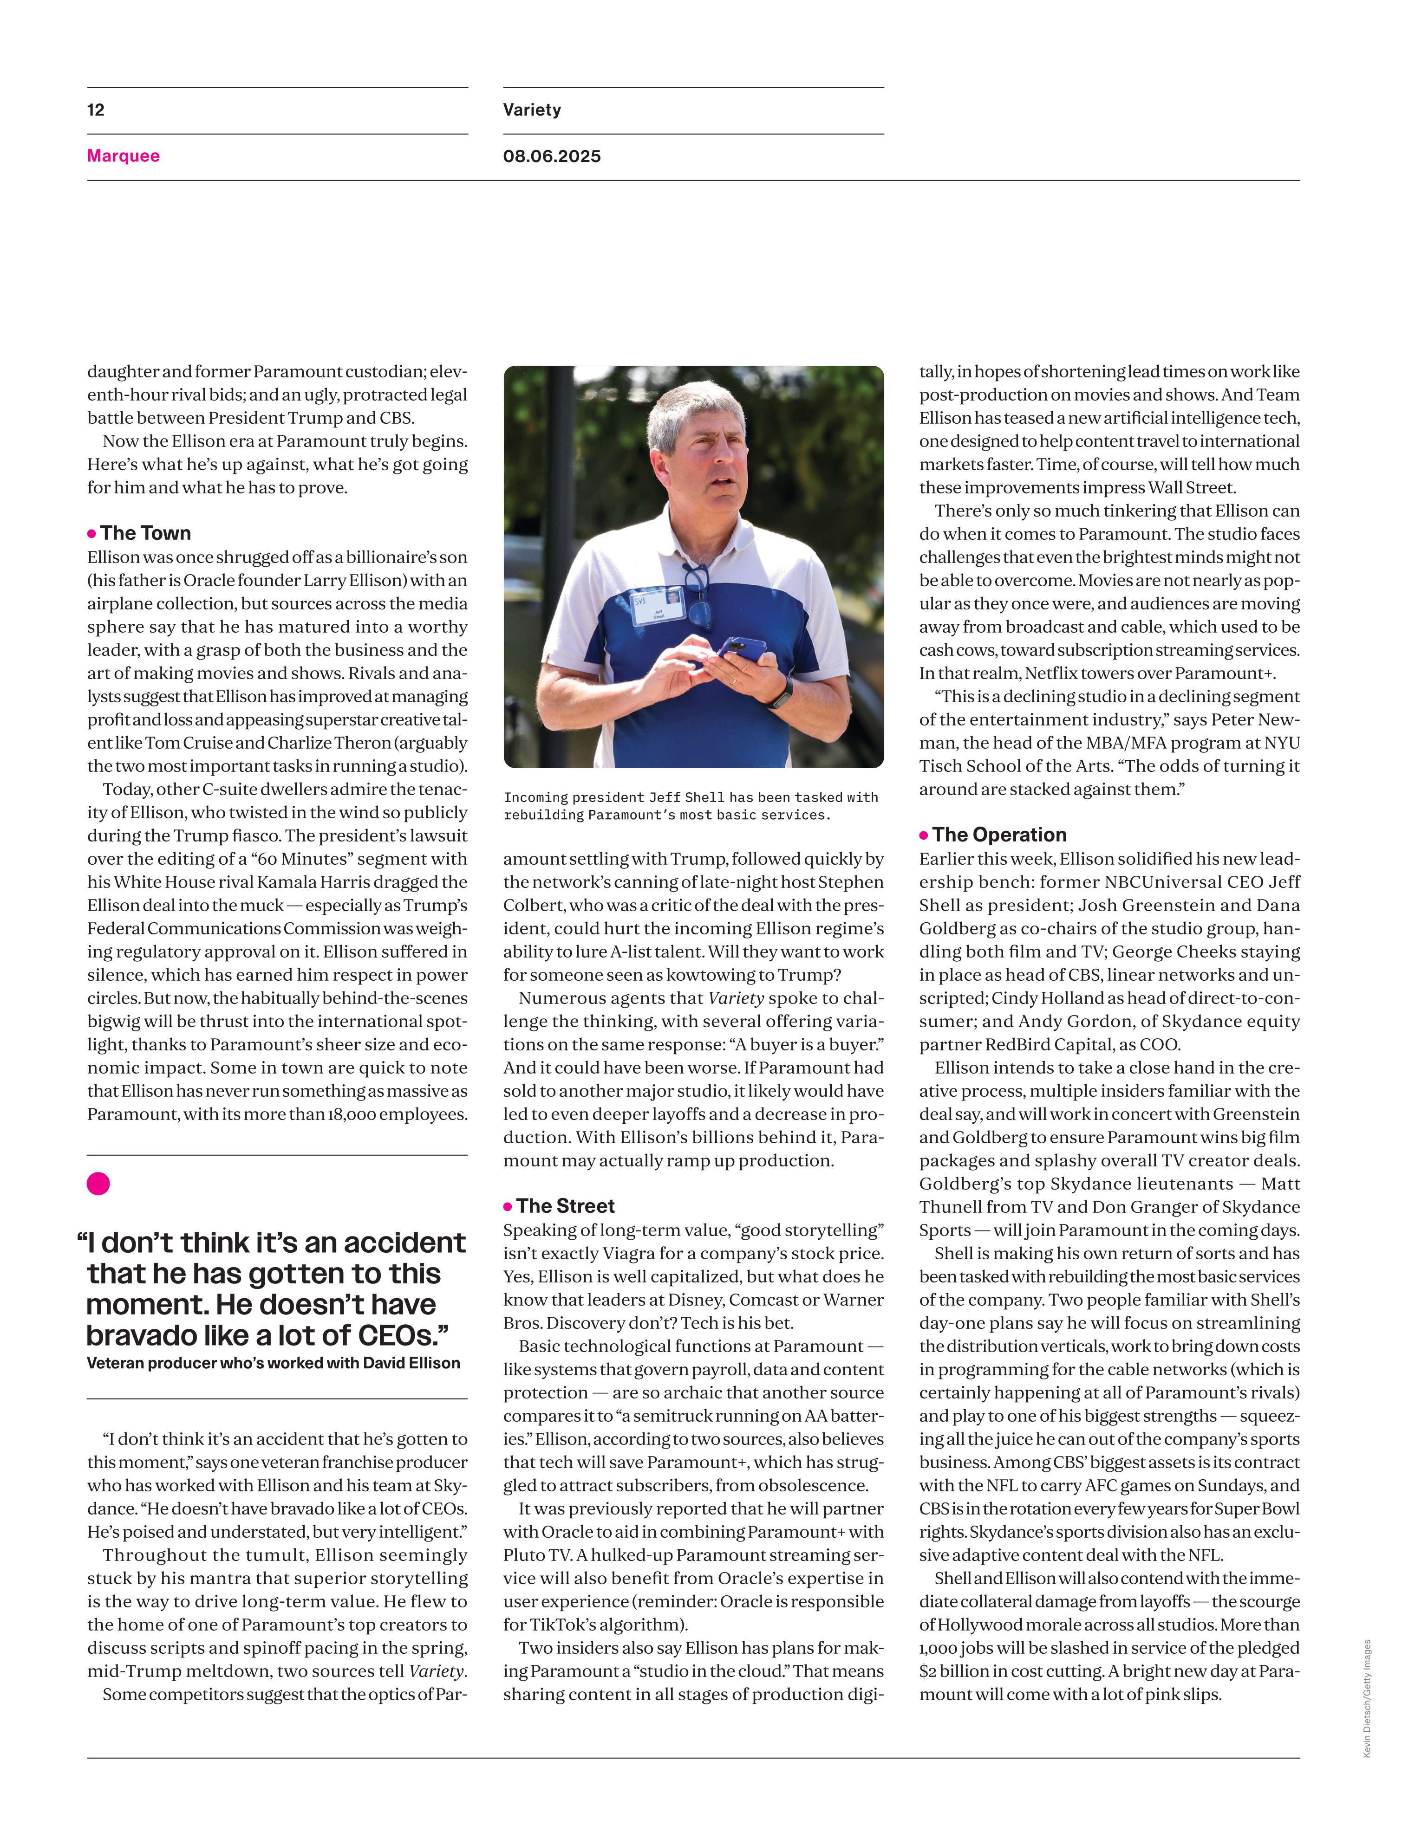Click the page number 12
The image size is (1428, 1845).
click(x=96, y=110)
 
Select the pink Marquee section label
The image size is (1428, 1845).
click(x=124, y=156)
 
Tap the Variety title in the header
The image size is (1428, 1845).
click(x=531, y=110)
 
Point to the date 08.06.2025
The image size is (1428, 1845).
click(x=552, y=156)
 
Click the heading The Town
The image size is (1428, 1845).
click(x=145, y=533)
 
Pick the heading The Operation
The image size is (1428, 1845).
click(x=999, y=835)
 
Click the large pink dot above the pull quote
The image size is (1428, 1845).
click(x=98, y=1184)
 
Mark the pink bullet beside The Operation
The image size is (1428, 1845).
click(x=924, y=835)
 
